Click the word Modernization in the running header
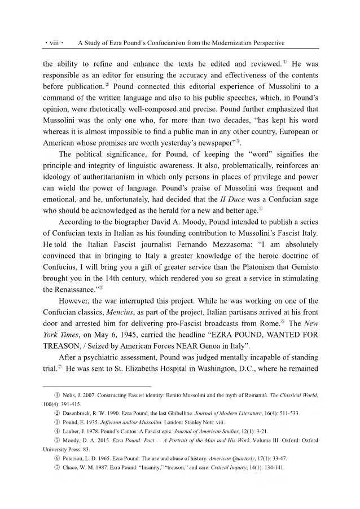click(x=216, y=42)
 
